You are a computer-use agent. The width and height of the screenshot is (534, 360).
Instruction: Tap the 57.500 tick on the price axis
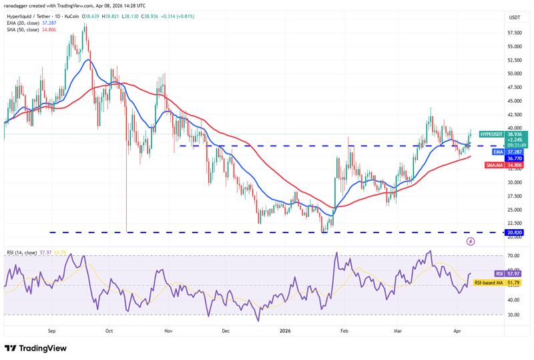coord(514,33)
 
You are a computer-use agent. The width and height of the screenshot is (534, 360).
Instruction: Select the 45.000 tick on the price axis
coord(514,101)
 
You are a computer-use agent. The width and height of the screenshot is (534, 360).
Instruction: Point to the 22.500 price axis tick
coord(514,223)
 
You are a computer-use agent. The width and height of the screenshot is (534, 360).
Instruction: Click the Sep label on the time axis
coord(52,330)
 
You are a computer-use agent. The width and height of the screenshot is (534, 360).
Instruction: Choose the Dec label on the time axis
coord(226,330)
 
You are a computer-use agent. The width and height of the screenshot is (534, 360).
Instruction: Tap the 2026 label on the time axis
coord(285,330)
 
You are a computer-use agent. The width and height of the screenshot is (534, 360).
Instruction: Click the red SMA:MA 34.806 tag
coord(508,164)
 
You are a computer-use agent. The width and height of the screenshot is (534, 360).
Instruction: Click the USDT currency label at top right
coord(514,17)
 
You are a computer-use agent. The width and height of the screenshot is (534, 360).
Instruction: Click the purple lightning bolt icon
coord(471,241)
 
